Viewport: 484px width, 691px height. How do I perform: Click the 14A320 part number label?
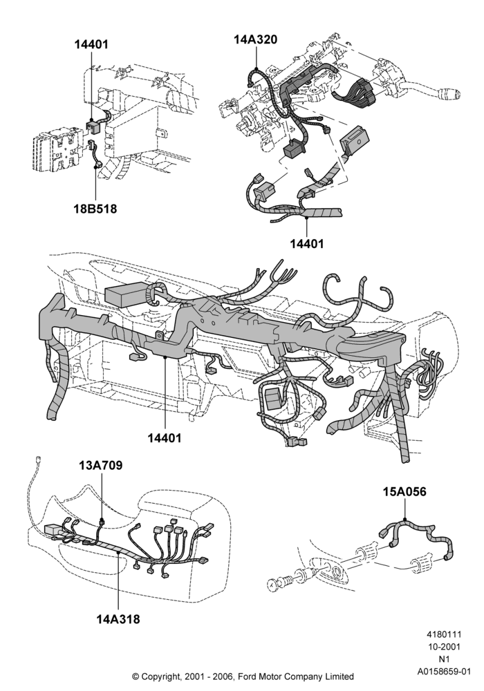[x=255, y=39]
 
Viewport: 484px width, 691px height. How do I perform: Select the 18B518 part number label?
[x=95, y=209]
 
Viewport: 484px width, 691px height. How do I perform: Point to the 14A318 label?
[x=118, y=619]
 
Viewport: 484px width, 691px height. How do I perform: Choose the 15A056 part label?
[x=404, y=491]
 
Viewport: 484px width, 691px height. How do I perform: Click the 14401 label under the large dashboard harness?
[x=165, y=438]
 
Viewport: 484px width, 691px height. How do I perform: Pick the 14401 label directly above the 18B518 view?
[x=91, y=44]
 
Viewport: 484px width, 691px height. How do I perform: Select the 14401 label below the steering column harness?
[x=307, y=243]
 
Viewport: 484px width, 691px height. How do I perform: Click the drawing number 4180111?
[x=444, y=634]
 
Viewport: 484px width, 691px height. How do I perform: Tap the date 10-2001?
[x=444, y=647]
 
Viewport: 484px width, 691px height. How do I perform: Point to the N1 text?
[x=444, y=659]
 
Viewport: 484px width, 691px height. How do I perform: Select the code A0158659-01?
[x=444, y=672]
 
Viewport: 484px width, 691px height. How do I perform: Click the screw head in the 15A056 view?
[x=272, y=585]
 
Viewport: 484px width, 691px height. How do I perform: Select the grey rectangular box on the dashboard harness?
[x=126, y=294]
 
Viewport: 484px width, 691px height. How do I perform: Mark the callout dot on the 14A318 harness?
[x=118, y=551]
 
